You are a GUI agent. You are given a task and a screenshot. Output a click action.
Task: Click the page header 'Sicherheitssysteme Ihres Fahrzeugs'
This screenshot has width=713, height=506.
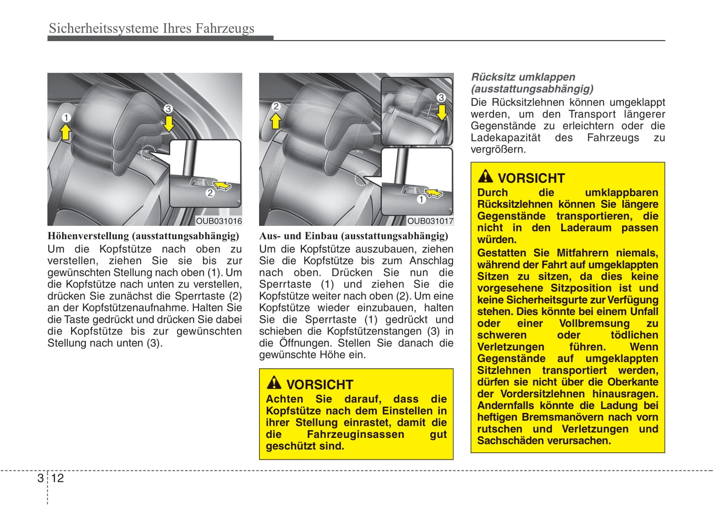pyautogui.click(x=151, y=29)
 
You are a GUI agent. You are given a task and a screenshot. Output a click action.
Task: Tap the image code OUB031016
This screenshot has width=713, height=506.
pyautogui.click(x=219, y=221)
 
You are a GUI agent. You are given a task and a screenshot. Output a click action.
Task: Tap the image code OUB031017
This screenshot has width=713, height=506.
pyautogui.click(x=430, y=221)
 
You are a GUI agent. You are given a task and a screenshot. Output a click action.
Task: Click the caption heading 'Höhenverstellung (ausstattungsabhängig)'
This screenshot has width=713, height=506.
pyautogui.click(x=143, y=236)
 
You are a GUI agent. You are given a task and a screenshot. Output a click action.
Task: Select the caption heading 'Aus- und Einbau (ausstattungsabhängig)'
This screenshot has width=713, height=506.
pyautogui.click(x=354, y=236)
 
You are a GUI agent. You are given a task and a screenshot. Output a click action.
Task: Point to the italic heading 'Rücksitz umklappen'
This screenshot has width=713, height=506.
pyautogui.click(x=523, y=77)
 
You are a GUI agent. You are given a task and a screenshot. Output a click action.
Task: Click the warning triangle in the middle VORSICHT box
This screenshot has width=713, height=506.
pyautogui.click(x=274, y=383)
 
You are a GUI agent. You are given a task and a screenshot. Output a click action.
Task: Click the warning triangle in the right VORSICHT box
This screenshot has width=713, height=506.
pyautogui.click(x=485, y=176)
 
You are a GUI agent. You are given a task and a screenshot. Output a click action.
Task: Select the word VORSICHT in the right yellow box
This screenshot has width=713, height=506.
pyautogui.click(x=531, y=178)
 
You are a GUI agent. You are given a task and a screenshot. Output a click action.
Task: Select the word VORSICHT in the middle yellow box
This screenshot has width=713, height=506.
pyautogui.click(x=320, y=385)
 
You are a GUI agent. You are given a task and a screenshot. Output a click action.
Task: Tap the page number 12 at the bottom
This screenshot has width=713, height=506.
pyautogui.click(x=57, y=478)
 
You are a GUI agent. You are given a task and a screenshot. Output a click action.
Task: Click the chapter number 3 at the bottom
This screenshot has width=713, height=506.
pyautogui.click(x=40, y=478)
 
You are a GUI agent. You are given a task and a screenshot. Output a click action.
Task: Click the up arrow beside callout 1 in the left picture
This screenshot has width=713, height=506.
pyautogui.click(x=66, y=132)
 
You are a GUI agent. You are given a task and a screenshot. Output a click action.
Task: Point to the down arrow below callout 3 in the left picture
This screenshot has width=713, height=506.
pyautogui.click(x=169, y=123)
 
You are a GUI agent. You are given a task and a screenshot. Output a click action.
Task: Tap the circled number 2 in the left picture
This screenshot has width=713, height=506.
pyautogui.click(x=210, y=193)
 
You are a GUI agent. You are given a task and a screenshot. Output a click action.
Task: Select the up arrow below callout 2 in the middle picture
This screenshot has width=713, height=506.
pyautogui.click(x=276, y=121)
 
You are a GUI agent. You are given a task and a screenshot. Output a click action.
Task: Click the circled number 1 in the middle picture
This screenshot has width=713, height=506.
pyautogui.click(x=421, y=200)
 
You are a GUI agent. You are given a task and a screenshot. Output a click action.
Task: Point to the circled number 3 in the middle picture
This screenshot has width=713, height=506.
pyautogui.click(x=441, y=98)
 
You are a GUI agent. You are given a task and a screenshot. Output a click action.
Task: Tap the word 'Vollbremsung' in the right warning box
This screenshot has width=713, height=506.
pyautogui.click(x=594, y=324)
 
